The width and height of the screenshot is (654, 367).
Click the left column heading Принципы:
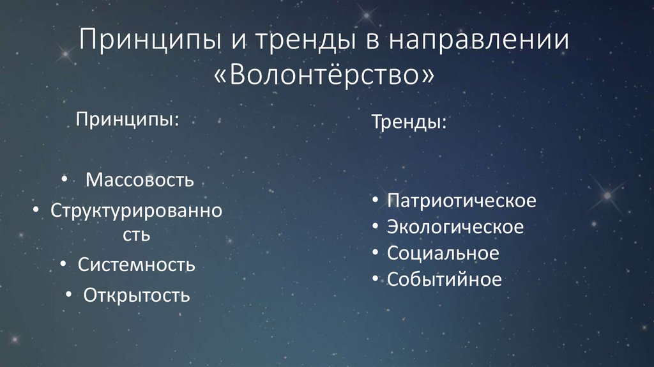[128, 120]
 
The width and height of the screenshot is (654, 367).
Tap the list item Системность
[137, 264]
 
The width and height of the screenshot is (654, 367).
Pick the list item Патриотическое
[461, 201]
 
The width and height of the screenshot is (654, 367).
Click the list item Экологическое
[455, 227]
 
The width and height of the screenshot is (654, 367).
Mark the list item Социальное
[443, 253]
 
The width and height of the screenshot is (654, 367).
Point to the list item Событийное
[444, 279]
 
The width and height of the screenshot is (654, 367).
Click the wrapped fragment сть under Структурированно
[137, 235]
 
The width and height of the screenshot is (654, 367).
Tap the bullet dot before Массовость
[66, 180]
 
